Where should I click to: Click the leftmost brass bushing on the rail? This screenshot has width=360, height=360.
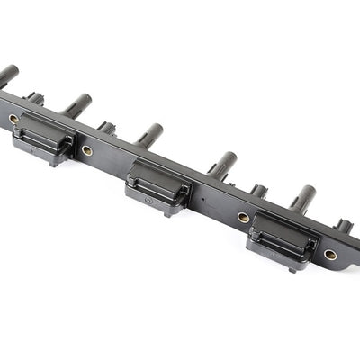pos(13,118)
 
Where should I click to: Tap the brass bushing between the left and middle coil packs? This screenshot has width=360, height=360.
pos(87,150)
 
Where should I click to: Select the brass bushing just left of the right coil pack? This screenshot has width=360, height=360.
pos(243,217)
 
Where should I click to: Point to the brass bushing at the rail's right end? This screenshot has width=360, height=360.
pos(330,255)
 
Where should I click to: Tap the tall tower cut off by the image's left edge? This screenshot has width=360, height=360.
pos(7,75)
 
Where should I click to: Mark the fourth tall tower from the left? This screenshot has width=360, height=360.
pos(222,165)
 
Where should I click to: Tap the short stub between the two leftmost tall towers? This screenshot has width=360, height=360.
pos(33,98)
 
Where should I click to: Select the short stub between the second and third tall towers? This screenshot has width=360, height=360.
pos(106,128)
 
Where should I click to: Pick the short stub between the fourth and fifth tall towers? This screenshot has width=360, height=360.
pos(259,190)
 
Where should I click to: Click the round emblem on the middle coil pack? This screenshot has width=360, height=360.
pos(148,202)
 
